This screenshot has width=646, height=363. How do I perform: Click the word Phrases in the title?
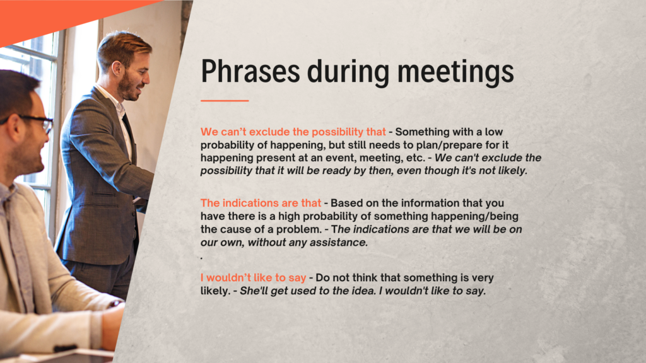pyautogui.click(x=250, y=71)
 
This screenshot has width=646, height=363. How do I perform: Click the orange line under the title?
pyautogui.click(x=225, y=100)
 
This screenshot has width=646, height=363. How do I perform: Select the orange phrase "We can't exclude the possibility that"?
pyautogui.click(x=293, y=132)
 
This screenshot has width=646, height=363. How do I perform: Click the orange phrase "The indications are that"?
pyautogui.click(x=261, y=203)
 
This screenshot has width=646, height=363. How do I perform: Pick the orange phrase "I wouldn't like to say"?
pyautogui.click(x=254, y=278)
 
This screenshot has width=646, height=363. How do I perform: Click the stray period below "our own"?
pyautogui.click(x=201, y=258)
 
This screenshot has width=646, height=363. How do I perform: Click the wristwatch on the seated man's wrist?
pyautogui.click(x=115, y=304)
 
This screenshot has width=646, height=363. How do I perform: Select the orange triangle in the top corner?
pyautogui.click(x=62, y=16)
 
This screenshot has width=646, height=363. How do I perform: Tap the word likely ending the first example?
pyautogui.click(x=512, y=171)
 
